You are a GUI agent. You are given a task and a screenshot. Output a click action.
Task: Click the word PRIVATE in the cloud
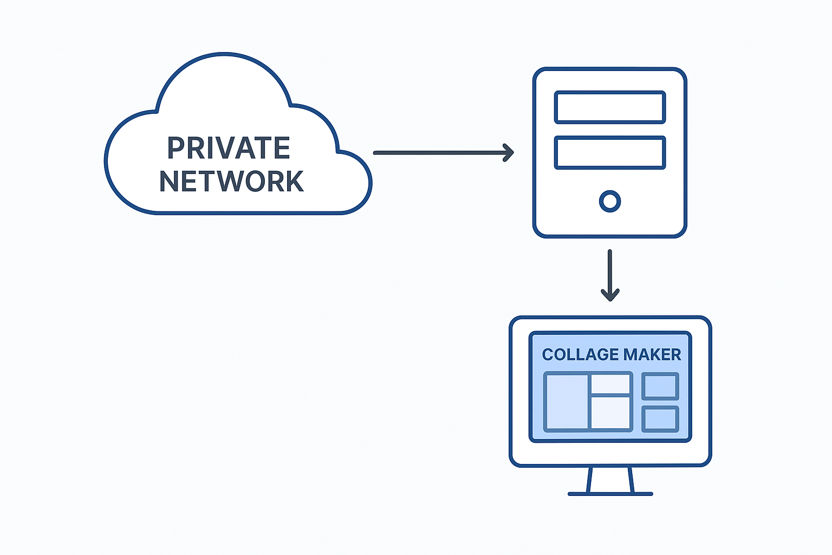click(x=229, y=148)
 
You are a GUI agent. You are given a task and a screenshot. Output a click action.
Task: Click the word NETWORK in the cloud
click(x=231, y=182)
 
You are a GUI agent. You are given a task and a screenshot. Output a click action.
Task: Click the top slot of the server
click(x=610, y=107)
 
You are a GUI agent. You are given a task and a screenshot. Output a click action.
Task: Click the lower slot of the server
click(x=610, y=152)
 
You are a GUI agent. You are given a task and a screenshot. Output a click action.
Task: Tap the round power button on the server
click(x=610, y=201)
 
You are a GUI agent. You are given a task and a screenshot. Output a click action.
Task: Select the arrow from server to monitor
click(x=610, y=271)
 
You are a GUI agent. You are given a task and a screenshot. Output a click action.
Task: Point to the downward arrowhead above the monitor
click(x=610, y=295)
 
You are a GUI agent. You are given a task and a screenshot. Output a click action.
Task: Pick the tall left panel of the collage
click(x=567, y=402)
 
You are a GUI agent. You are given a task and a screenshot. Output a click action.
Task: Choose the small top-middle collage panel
click(x=610, y=384)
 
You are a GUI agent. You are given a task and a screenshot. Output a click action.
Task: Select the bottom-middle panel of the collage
click(x=610, y=413)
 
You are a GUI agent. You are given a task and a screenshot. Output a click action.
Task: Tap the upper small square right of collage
click(x=660, y=386)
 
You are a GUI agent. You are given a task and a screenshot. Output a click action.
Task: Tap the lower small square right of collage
click(x=660, y=419)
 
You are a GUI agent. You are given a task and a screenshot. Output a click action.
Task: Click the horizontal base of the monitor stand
click(x=610, y=494)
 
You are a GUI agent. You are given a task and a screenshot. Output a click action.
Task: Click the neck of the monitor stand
click(x=610, y=479)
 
